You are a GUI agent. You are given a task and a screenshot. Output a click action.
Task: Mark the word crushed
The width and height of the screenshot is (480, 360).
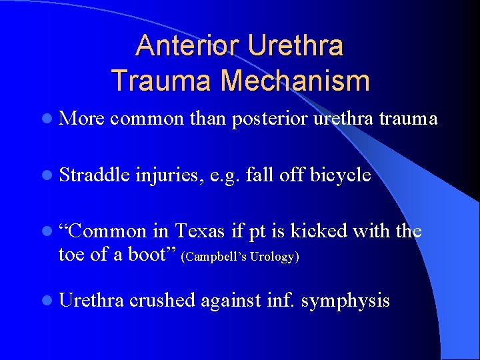click(x=163, y=301)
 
